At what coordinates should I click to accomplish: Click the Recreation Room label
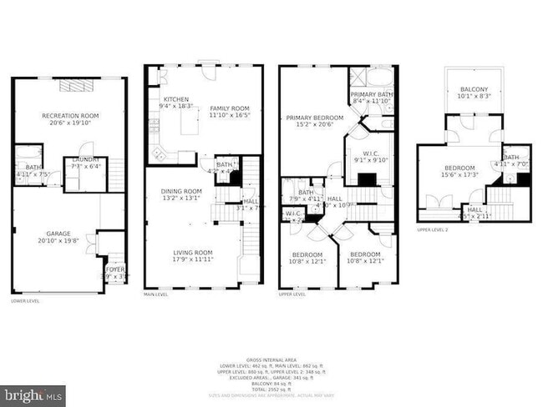(x=70, y=116)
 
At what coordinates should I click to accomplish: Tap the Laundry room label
(x=85, y=159)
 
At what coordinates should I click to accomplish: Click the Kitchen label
(x=176, y=99)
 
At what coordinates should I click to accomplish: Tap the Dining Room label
(x=181, y=192)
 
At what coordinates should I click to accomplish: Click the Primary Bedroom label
(x=314, y=118)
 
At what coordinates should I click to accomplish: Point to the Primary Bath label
(x=370, y=96)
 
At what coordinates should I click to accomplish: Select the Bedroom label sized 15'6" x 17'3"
(x=459, y=170)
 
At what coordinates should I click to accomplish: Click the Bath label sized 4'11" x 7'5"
(x=27, y=168)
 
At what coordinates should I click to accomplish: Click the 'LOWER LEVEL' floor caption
(x=25, y=300)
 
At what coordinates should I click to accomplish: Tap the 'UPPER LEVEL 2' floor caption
(x=434, y=229)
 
